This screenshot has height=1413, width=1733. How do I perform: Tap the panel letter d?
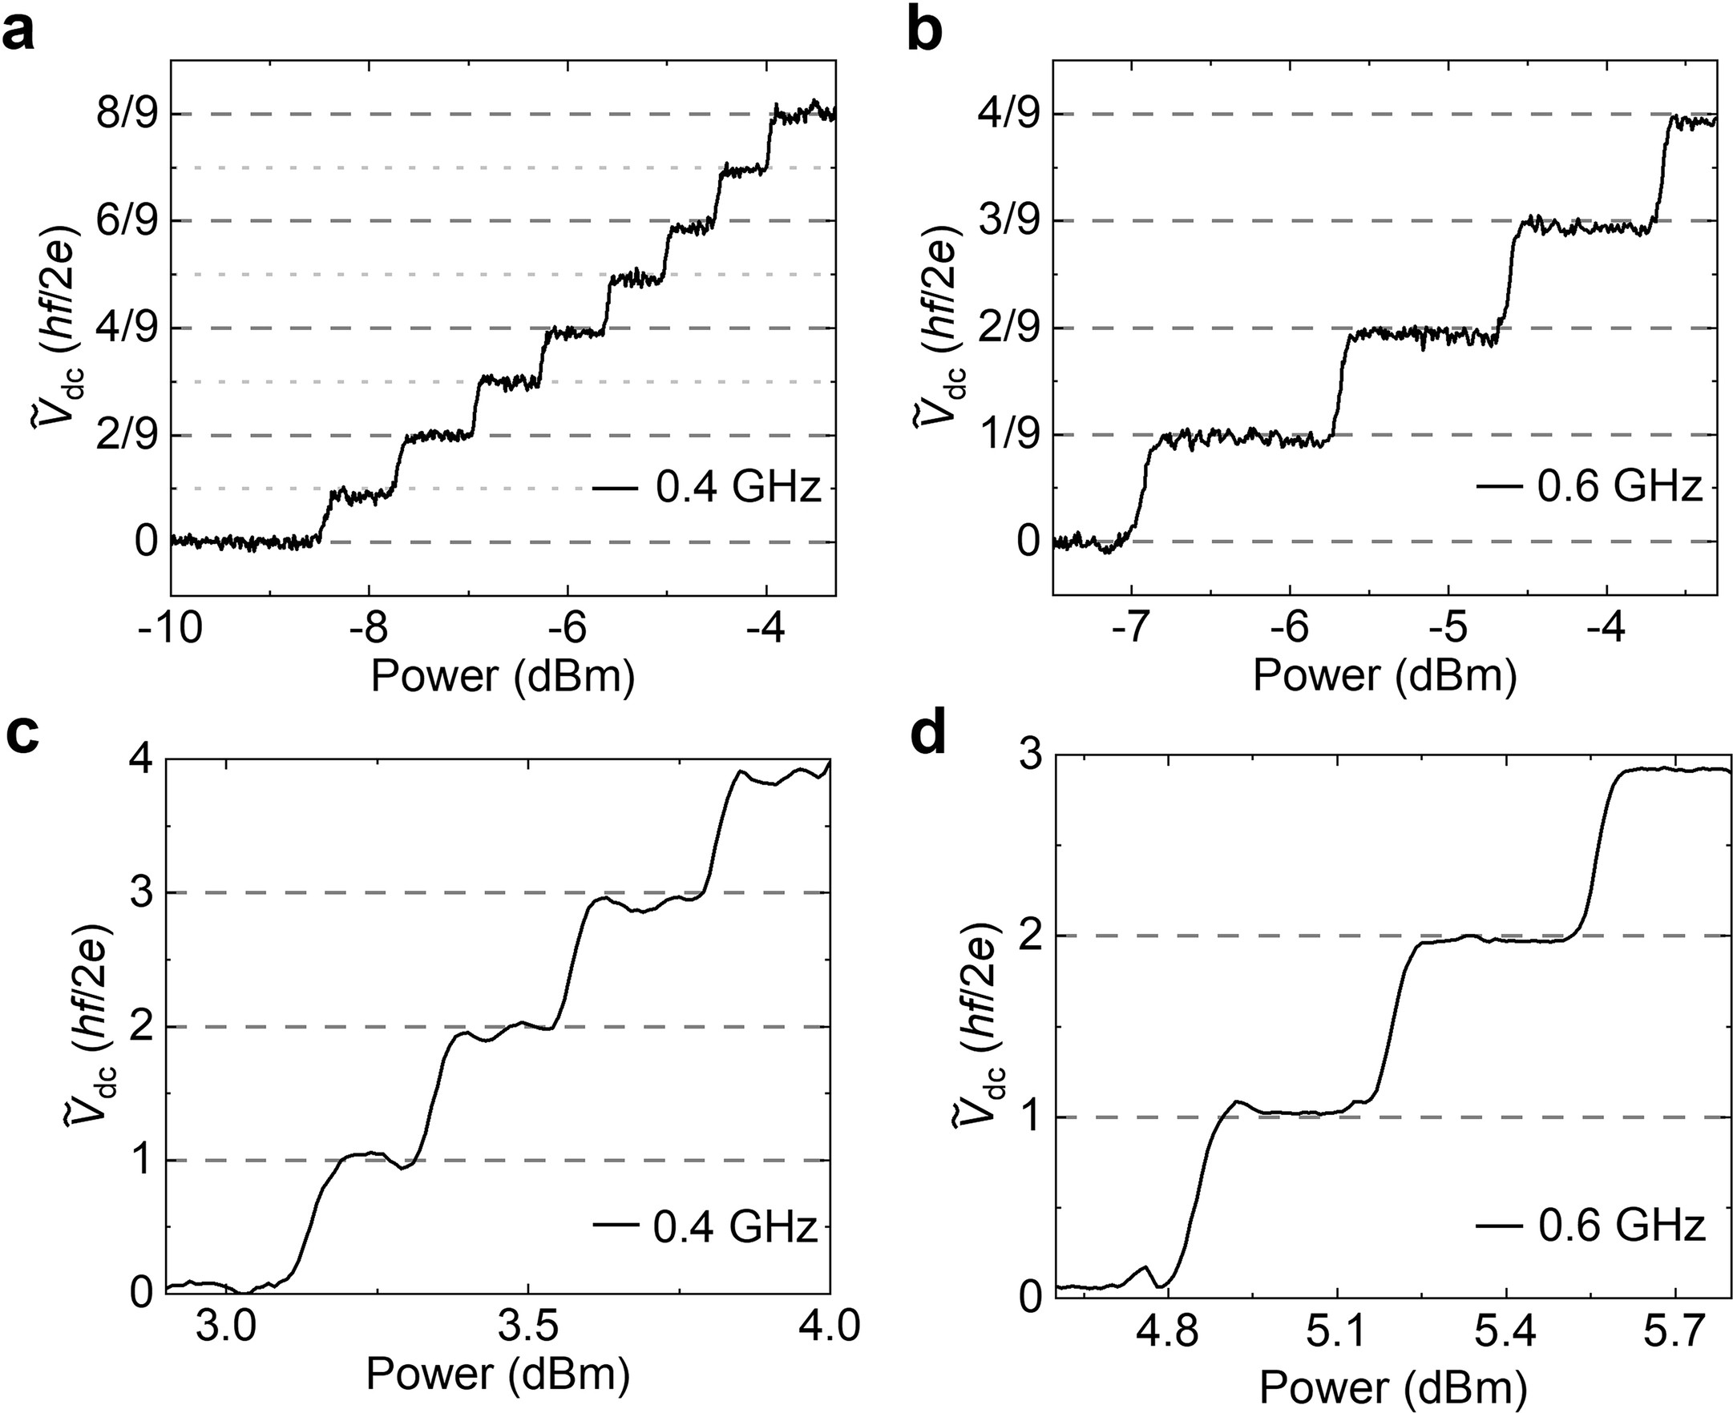tap(928, 735)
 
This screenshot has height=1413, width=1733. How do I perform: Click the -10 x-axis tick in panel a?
tap(170, 628)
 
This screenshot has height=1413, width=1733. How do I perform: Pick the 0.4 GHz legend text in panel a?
tap(737, 489)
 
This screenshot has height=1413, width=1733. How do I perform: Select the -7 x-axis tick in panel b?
tap(1129, 628)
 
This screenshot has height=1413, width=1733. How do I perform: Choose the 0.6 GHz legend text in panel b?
tap(1620, 489)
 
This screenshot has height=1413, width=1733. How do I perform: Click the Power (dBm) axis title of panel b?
tap(1384, 675)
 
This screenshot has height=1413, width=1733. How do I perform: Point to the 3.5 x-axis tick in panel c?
tap(527, 1326)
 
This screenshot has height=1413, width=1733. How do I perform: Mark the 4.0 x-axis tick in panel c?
tap(829, 1326)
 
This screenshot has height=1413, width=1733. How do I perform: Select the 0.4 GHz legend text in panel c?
tap(734, 1227)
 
